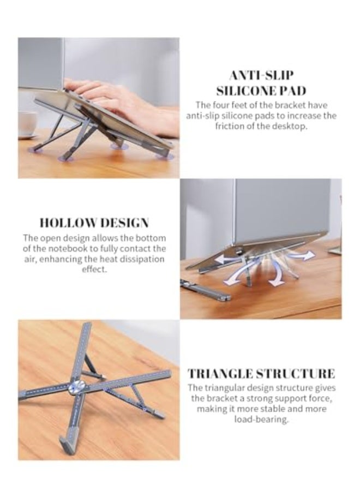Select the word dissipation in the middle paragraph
(x=139, y=259)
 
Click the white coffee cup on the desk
(x=27, y=124)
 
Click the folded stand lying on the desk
(x=205, y=291)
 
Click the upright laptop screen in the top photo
(x=41, y=63)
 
